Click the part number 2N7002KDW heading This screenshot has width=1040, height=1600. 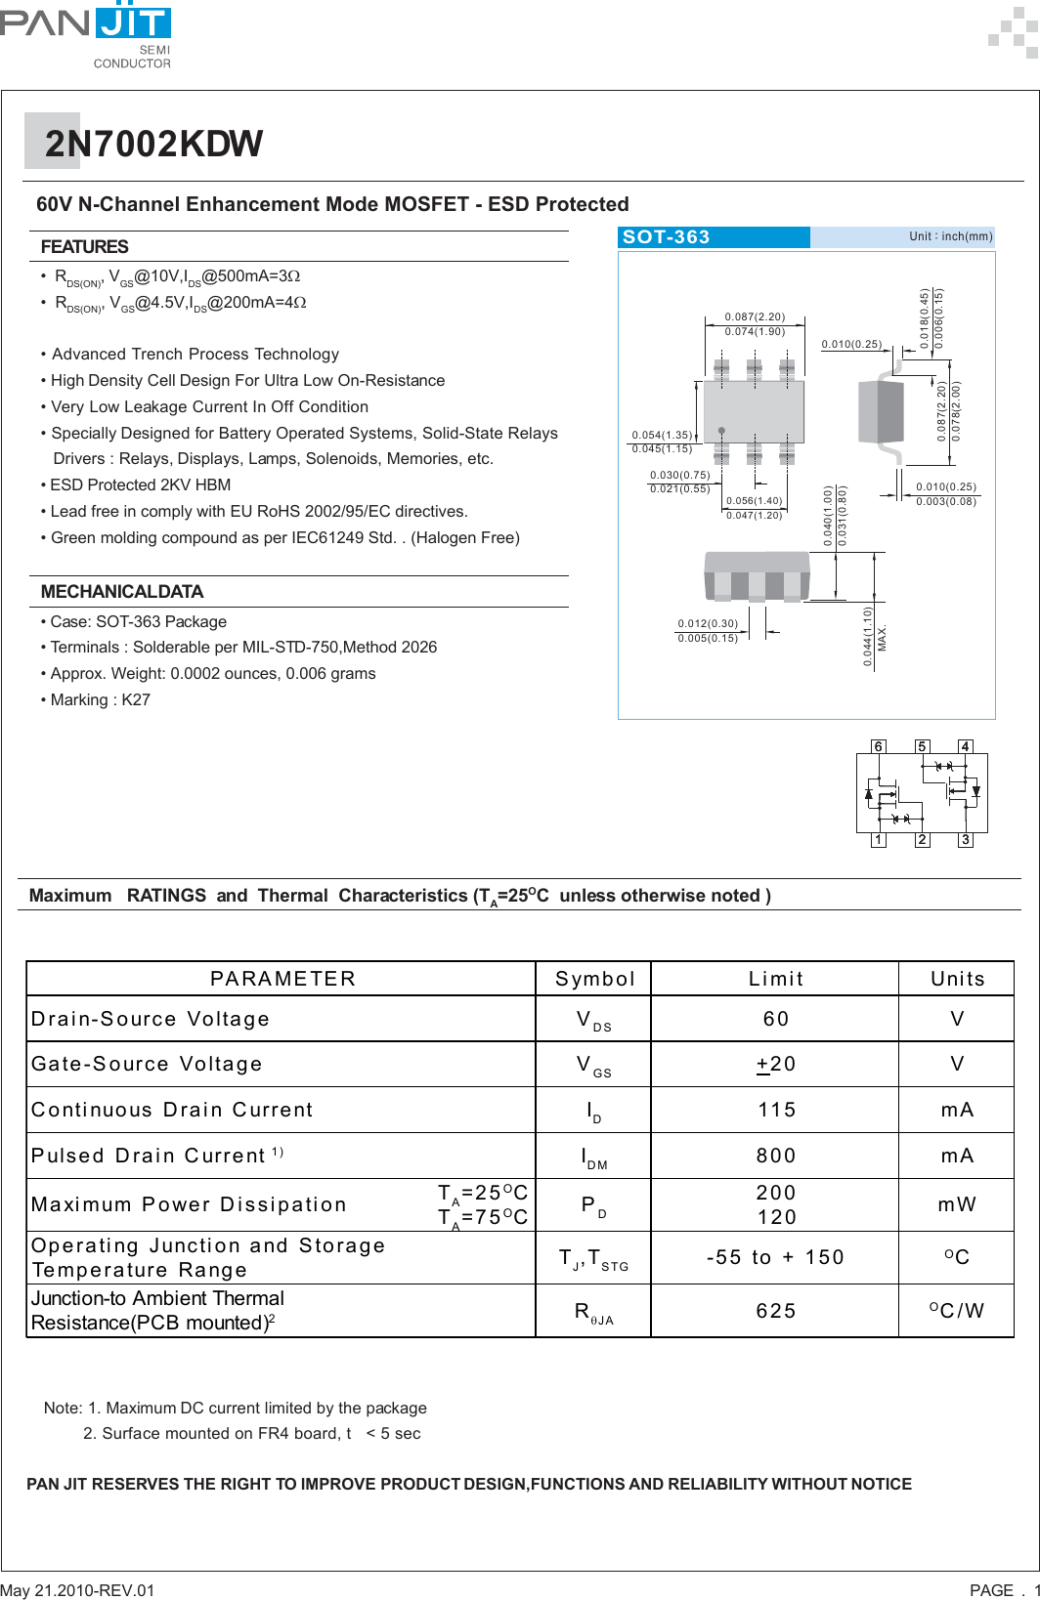pos(153,144)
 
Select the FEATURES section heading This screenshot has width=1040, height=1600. pos(84,247)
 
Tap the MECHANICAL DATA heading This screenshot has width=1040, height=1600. pos(121,592)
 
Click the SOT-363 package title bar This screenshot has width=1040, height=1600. pos(713,237)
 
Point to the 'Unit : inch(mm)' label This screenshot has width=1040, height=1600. pos(950,236)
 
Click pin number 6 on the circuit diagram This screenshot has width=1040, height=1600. pos(878,746)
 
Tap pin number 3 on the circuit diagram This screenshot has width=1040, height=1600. pos(965,840)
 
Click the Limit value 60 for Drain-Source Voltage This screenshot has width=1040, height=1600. pos(775,1019)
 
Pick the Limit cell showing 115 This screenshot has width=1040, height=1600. pos(775,1110)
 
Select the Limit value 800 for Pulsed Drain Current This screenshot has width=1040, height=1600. pos(775,1156)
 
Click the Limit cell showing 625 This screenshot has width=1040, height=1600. pos(775,1311)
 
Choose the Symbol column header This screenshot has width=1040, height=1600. pos(594,979)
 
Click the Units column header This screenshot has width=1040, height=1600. pos(957,979)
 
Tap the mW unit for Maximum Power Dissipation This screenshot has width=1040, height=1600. pos(957,1204)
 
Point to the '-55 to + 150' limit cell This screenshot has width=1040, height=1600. pos(775,1257)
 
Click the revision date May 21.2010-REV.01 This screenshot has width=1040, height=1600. pos(77,1590)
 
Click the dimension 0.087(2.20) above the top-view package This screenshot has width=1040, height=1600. pos(755,317)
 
